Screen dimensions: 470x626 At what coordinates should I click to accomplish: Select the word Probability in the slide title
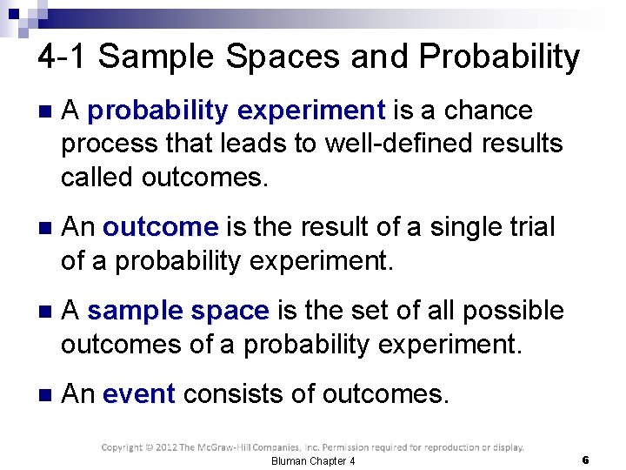click(499, 57)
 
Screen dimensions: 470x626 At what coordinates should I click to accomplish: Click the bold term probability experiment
click(236, 111)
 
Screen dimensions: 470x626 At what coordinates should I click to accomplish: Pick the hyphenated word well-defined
click(401, 144)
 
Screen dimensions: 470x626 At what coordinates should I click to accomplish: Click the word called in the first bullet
click(97, 177)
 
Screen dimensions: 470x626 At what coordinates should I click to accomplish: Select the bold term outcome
click(160, 227)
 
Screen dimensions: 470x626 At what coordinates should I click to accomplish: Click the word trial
click(528, 227)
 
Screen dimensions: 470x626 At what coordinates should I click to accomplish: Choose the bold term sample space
click(178, 311)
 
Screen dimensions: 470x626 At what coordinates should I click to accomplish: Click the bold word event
click(139, 394)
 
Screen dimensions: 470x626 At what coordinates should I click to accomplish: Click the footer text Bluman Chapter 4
click(313, 460)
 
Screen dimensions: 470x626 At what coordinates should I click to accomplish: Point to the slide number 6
click(586, 460)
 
